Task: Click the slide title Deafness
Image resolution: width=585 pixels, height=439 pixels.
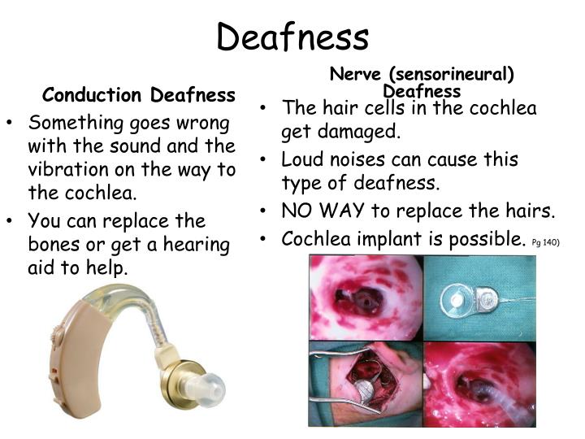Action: point(292,37)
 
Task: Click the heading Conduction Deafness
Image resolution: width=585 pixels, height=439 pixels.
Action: point(139,96)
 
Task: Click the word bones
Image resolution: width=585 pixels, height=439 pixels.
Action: point(53,245)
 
